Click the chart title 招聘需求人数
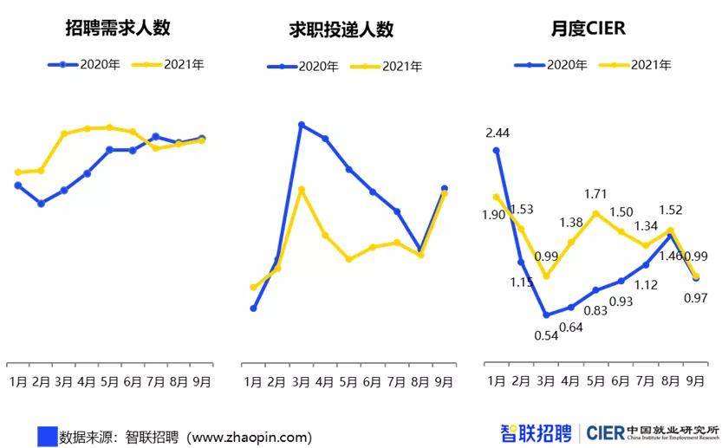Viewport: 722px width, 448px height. [117, 28]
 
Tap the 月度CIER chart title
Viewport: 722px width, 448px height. [588, 29]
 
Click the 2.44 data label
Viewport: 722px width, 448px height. [497, 132]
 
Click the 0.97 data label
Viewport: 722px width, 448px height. [695, 298]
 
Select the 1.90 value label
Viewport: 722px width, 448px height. [494, 215]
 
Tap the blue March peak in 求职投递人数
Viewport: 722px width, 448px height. [301, 125]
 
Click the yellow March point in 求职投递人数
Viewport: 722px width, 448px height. [301, 189]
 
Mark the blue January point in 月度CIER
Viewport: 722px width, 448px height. [497, 150]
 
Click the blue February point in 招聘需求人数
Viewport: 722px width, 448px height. [41, 204]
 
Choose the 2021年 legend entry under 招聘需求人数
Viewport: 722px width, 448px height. [173, 64]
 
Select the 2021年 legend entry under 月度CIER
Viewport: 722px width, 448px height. [641, 64]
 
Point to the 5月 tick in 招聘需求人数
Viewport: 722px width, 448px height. [109, 380]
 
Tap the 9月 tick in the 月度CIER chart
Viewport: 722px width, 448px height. [695, 380]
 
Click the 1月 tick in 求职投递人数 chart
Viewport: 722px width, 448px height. [253, 381]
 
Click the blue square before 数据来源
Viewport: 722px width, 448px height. [47, 436]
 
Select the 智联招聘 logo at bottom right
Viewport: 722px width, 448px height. [536, 432]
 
